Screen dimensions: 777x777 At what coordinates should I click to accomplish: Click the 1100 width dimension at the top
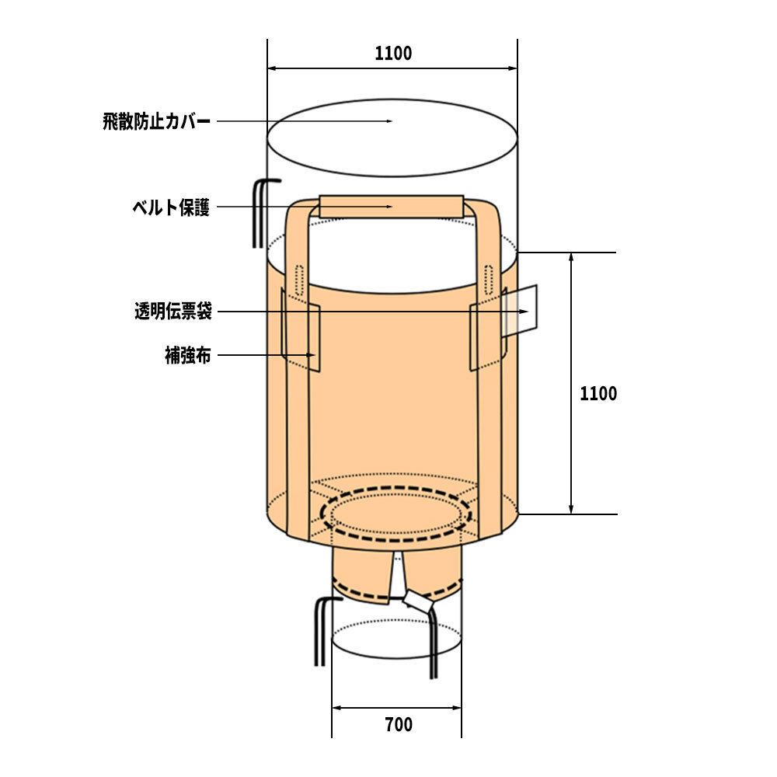[393, 53]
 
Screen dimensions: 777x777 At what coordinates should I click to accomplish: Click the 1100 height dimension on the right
[598, 393]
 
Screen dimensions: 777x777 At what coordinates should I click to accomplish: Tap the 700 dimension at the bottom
[399, 724]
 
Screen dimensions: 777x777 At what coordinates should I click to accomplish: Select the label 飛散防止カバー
[157, 121]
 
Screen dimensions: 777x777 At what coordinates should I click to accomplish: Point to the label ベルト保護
[171, 207]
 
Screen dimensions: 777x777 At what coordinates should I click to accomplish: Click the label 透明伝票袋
[173, 312]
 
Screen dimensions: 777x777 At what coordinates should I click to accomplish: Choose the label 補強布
[188, 355]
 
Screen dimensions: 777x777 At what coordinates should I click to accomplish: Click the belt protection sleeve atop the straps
[392, 206]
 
